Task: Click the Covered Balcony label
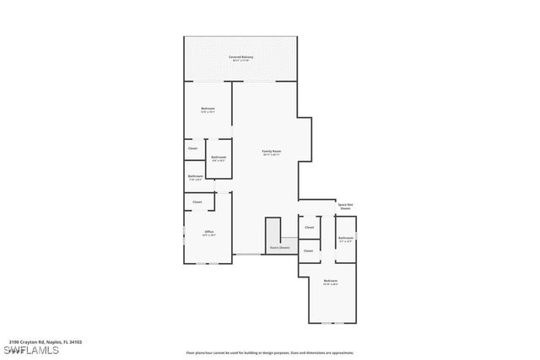pyautogui.click(x=240, y=58)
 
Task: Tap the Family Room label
pyautogui.click(x=271, y=153)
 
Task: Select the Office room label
pyautogui.click(x=208, y=233)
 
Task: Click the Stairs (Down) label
pyautogui.click(x=279, y=248)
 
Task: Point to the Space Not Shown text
pyautogui.click(x=345, y=207)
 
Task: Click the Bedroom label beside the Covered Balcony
pyautogui.click(x=208, y=110)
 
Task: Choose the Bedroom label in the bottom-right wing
pyautogui.click(x=330, y=282)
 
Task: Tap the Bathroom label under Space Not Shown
pyautogui.click(x=346, y=239)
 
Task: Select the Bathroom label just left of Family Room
pyautogui.click(x=219, y=158)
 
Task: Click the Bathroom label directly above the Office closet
pyautogui.click(x=196, y=177)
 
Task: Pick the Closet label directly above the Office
pyautogui.click(x=197, y=201)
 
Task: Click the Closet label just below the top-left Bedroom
pyautogui.click(x=193, y=148)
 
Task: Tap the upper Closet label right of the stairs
pyautogui.click(x=309, y=227)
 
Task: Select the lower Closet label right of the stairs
pyautogui.click(x=308, y=250)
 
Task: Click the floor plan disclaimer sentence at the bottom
pyautogui.click(x=270, y=353)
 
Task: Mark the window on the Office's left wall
pyautogui.click(x=185, y=234)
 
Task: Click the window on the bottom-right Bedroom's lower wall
pyautogui.click(x=332, y=323)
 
